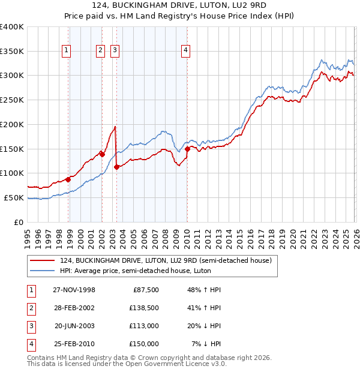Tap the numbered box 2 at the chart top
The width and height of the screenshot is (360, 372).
100,50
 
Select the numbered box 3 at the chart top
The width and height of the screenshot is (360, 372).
114,50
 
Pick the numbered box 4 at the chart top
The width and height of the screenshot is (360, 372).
186,50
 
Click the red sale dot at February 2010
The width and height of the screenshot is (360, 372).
187,149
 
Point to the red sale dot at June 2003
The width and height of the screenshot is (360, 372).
116,167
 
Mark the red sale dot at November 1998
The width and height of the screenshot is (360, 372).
68,179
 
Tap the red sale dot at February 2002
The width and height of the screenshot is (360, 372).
103,154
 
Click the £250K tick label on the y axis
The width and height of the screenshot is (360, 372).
12,100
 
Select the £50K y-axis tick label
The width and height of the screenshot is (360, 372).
14,197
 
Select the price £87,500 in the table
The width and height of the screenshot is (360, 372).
145,289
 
